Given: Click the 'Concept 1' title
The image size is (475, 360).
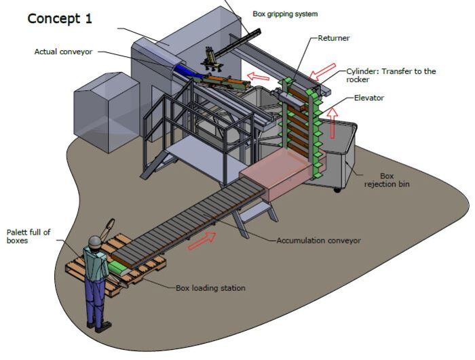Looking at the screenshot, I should coord(60,18).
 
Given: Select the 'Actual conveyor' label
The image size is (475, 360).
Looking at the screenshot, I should coord(63,52).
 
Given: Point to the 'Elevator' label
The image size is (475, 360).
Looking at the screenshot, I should coord(369,98).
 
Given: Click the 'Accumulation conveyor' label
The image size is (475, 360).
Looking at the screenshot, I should coord(318,240).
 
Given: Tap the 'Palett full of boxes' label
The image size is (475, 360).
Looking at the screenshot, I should coord(28,236).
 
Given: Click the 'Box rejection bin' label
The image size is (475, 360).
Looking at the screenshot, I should coord(387,180).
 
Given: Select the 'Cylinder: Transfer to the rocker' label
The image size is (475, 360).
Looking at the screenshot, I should coord(391,75).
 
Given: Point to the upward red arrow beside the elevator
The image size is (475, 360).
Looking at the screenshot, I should coord(332,125).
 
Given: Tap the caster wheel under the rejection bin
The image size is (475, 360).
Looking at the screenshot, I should coord(337,189).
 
